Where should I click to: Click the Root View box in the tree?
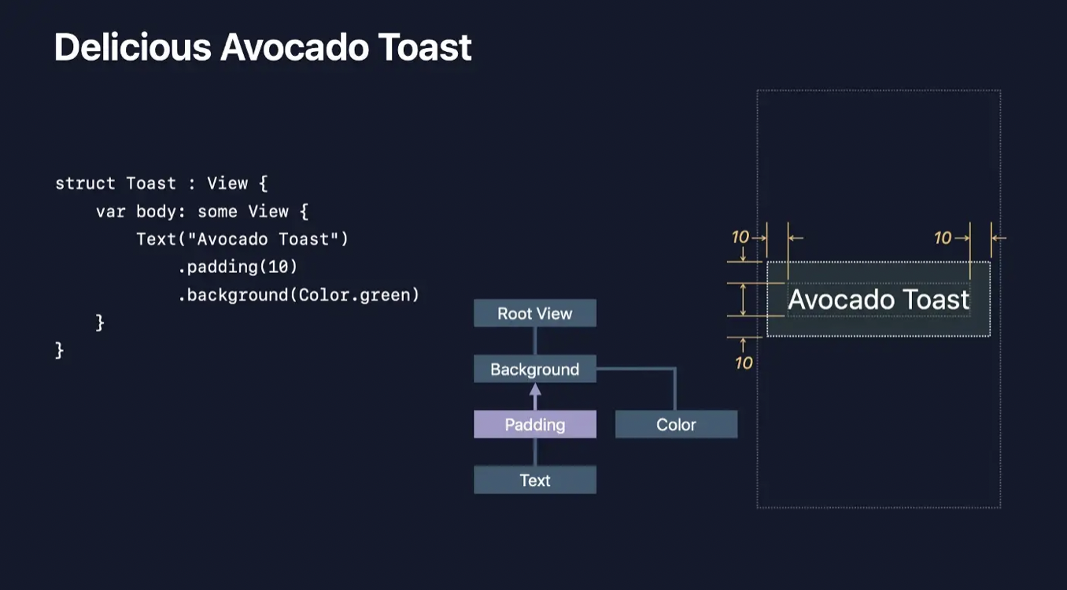[534, 313]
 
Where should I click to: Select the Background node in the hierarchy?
[534, 369]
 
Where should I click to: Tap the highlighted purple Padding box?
[534, 425]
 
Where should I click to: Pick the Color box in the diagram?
[676, 425]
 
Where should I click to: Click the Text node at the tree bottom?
[534, 480]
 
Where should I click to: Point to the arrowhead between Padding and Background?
[535, 389]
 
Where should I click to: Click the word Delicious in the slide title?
[132, 47]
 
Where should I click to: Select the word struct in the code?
[85, 183]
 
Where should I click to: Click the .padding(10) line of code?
[238, 267]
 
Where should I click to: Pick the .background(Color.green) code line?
[298, 295]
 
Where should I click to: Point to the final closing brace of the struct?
[60, 350]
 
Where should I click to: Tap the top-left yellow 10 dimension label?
[740, 237]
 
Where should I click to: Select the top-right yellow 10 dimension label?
[943, 238]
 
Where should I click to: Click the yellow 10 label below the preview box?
[744, 363]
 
